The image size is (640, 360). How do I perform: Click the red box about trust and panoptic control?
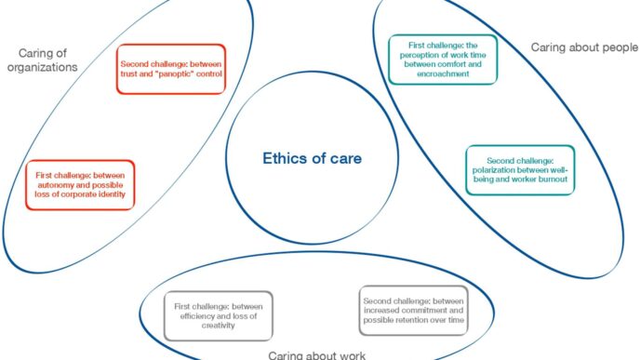click(x=170, y=68)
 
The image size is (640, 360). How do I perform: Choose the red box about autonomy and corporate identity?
click(x=80, y=184)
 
